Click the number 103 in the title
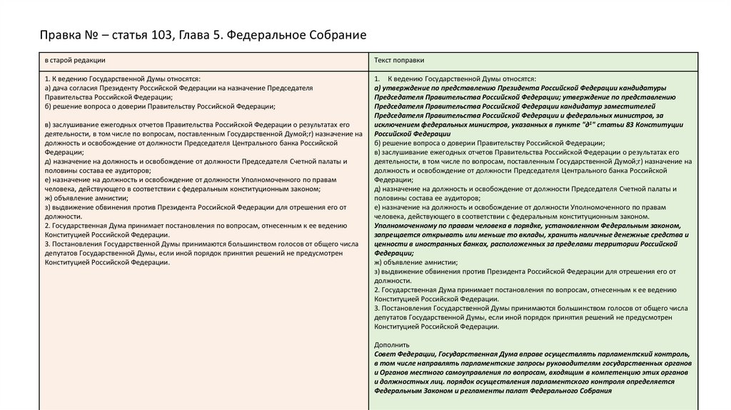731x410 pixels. [161, 35]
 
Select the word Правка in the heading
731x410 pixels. [57, 35]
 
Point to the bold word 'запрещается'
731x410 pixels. [396, 234]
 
